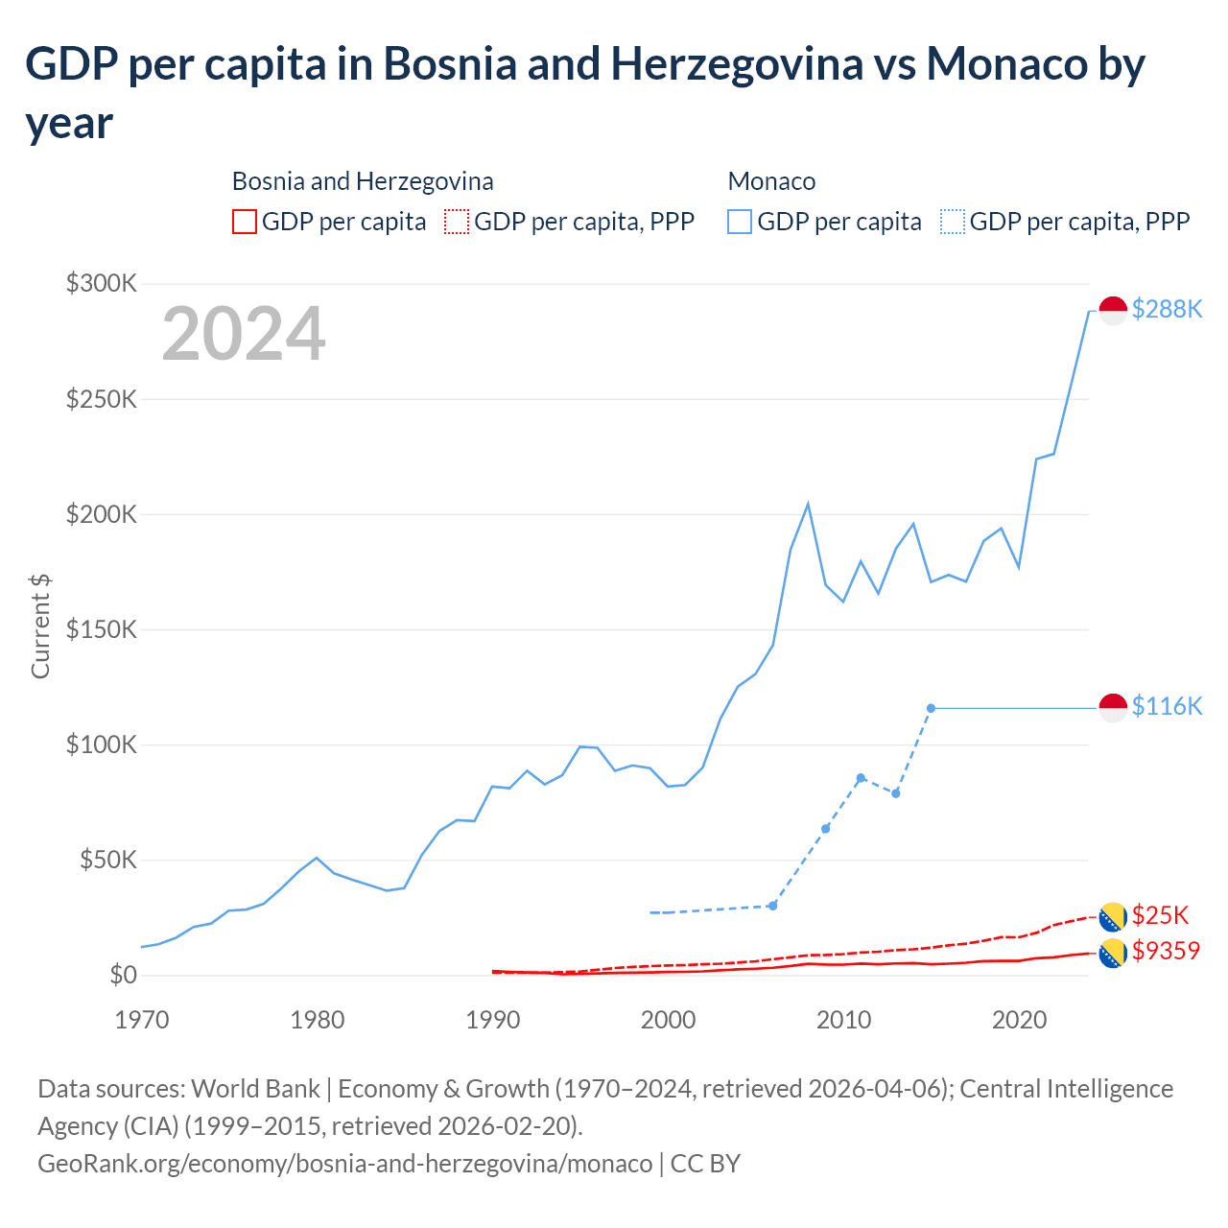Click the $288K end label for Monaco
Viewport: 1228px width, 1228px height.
pos(1167,309)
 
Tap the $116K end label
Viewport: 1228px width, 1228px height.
pos(1167,706)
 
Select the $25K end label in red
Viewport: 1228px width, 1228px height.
pos(1160,915)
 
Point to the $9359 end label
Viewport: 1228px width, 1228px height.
pos(1166,951)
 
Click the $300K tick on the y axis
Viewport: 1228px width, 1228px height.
pos(102,283)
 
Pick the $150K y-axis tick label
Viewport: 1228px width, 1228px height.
pos(102,629)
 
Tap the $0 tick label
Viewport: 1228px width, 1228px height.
pos(123,976)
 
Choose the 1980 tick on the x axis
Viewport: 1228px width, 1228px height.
pos(318,1020)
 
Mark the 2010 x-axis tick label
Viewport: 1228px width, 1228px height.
pos(843,1020)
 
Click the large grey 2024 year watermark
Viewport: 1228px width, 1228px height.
pos(244,334)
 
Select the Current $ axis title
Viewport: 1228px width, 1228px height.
pos(40,626)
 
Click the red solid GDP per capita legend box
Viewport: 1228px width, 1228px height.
pos(245,222)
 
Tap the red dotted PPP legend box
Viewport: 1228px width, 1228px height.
pos(457,222)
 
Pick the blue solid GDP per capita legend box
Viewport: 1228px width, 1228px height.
pos(740,222)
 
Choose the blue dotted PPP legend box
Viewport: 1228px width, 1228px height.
pos(953,222)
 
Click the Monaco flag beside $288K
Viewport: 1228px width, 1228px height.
pos(1113,311)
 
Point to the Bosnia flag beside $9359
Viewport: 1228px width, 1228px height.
pos(1113,954)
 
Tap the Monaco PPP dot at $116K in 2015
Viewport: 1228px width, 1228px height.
pos(931,708)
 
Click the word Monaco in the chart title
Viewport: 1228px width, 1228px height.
pos(1006,64)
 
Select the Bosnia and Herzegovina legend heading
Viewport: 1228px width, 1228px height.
pos(363,181)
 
